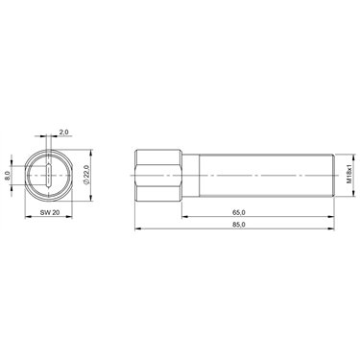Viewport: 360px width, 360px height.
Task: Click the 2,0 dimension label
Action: coord(64,132)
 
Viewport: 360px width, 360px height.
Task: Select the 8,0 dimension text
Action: coord(8,176)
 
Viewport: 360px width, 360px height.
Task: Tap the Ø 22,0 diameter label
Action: coord(85,175)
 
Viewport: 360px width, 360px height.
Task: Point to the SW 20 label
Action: coord(50,212)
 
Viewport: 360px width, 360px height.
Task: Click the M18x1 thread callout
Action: coord(348,175)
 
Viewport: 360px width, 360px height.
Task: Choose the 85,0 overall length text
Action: coord(239,225)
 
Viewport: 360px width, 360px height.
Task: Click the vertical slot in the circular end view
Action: coord(49,176)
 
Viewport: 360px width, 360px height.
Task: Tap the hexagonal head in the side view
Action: coord(158,176)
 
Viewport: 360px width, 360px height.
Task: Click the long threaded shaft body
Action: coord(267,176)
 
